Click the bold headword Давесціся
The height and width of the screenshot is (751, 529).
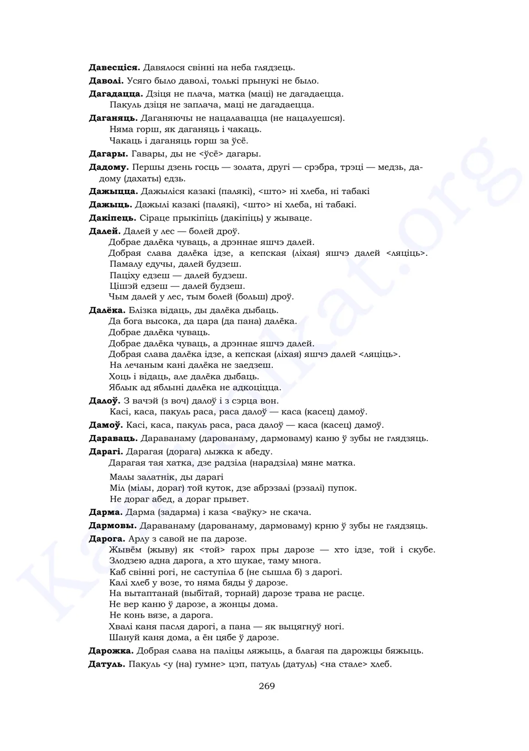tap(114, 68)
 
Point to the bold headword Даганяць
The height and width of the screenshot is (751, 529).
tap(113, 118)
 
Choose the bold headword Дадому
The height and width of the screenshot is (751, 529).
tap(109, 167)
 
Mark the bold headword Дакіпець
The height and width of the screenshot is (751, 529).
tap(112, 218)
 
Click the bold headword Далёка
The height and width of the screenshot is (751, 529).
tap(107, 310)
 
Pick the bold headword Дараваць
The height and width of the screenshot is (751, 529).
tap(113, 438)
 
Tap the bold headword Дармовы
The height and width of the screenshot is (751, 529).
tap(112, 525)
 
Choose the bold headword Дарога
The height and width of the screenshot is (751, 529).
tap(107, 539)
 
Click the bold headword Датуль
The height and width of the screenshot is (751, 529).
tap(107, 664)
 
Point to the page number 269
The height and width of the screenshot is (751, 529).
tap(267, 686)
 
